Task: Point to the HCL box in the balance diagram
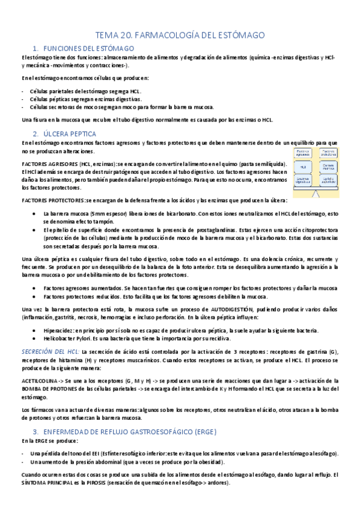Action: [x=304, y=166]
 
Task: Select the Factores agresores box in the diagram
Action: [x=304, y=153]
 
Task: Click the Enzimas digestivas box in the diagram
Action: [x=304, y=179]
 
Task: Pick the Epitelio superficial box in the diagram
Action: [x=328, y=179]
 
